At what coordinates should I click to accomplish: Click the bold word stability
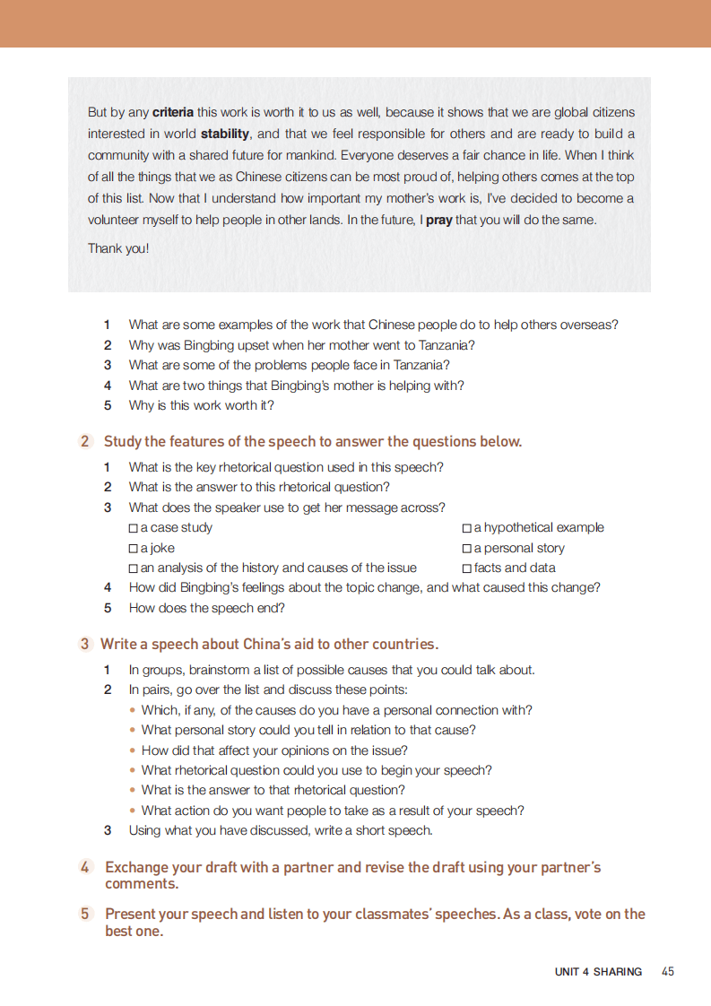[225, 134]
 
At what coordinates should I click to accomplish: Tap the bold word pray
[438, 220]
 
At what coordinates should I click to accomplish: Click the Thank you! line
[118, 248]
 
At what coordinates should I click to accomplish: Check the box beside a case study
[134, 528]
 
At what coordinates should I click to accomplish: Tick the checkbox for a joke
[134, 548]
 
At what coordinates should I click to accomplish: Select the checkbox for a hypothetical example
[466, 528]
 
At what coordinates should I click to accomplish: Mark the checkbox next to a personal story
[466, 548]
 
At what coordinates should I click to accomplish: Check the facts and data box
[466, 568]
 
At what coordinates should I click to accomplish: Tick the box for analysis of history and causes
[134, 568]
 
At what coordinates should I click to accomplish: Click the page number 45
[667, 971]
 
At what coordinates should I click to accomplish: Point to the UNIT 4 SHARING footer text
[598, 972]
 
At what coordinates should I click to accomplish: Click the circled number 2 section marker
[85, 441]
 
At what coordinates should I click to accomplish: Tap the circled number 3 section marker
[85, 644]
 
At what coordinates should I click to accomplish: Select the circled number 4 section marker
[85, 867]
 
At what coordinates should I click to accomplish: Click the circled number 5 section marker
[85, 914]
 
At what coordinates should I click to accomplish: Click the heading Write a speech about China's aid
[269, 644]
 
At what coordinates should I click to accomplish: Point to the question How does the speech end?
[207, 608]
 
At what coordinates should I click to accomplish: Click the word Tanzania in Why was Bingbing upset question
[444, 345]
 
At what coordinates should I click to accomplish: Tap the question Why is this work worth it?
[202, 405]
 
